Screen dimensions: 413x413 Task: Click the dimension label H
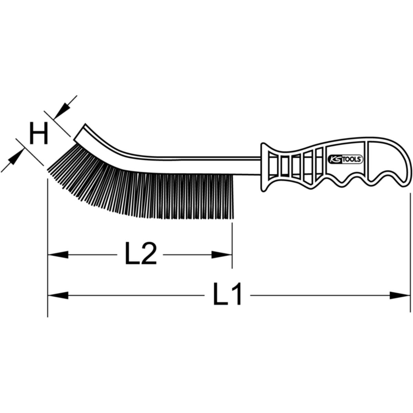38,134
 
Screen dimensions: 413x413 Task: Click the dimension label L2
140,254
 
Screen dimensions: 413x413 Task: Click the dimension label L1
227,295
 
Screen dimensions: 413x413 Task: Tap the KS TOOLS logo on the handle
343,159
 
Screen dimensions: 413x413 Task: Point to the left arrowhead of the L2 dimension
57,255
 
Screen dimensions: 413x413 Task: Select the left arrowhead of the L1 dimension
57,295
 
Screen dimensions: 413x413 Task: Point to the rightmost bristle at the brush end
233,196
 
